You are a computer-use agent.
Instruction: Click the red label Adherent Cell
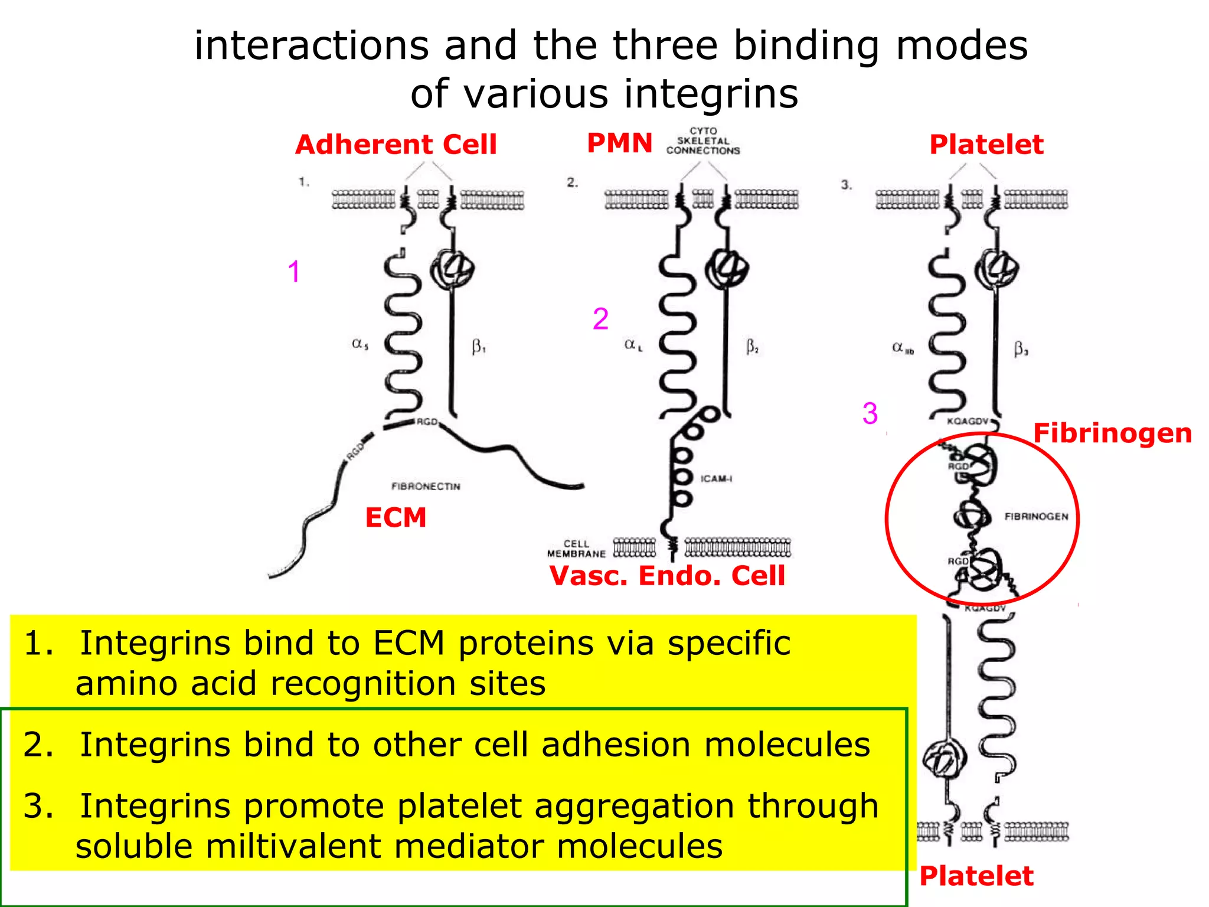396,145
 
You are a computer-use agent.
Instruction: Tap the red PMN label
619,143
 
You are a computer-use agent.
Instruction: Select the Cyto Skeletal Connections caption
702,141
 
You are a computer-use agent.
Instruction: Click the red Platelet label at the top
986,145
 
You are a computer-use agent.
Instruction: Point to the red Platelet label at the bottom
976,876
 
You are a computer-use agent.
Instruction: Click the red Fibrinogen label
1112,433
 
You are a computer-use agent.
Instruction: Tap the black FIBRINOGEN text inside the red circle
1036,517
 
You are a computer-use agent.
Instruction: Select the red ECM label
396,518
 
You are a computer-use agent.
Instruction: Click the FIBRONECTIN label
426,487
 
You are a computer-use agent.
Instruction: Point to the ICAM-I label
716,478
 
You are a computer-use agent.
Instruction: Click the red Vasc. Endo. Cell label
667,576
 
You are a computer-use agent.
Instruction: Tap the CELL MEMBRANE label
576,549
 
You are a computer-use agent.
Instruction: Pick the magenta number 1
294,272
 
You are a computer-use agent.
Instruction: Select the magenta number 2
600,319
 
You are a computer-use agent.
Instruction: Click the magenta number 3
870,413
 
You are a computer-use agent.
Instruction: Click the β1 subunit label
478,347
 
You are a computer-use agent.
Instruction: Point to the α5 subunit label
360,344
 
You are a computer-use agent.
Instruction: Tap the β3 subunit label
1021,350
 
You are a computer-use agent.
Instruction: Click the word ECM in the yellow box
409,643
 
